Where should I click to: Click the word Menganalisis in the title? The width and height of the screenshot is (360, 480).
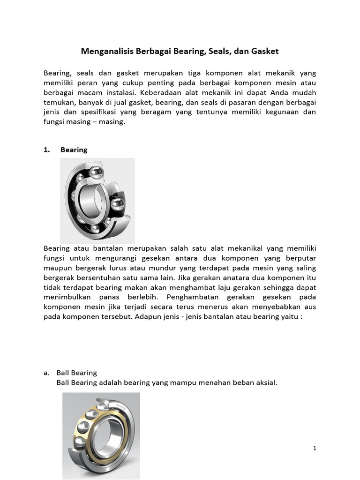pyautogui.click(x=107, y=51)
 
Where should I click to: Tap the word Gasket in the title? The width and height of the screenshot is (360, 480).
pyautogui.click(x=265, y=51)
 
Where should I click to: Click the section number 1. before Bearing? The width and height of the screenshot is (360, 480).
pyautogui.click(x=46, y=150)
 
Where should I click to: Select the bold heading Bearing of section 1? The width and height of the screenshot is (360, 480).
pyautogui.click(x=74, y=150)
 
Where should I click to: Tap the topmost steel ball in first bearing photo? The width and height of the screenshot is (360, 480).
pyautogui.click(x=96, y=172)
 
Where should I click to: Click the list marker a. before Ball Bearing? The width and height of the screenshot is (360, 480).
pyautogui.click(x=46, y=373)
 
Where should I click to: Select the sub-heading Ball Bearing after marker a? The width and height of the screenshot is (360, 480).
pyautogui.click(x=77, y=373)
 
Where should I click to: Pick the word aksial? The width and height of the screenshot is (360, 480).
pyautogui.click(x=266, y=383)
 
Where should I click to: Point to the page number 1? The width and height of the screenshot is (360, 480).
pyautogui.click(x=315, y=449)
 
